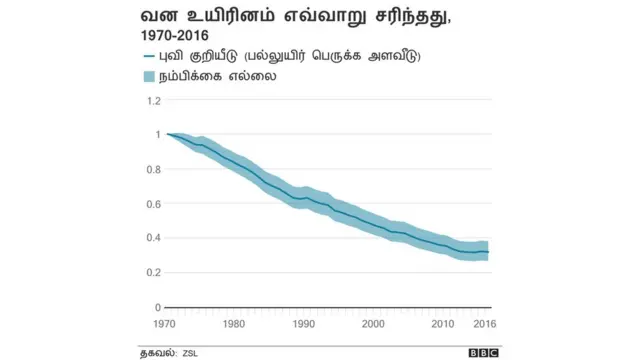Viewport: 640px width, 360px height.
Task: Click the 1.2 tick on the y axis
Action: [153, 100]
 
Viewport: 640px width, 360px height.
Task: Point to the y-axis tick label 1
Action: [157, 134]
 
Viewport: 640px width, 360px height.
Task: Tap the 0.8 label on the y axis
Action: [153, 169]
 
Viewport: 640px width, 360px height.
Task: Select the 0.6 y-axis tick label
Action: [153, 204]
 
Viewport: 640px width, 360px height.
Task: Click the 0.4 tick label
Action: [153, 238]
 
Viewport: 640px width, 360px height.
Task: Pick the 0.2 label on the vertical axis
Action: [153, 272]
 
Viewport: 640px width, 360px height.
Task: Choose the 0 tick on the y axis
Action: [157, 307]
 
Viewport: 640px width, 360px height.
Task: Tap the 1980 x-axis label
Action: [234, 324]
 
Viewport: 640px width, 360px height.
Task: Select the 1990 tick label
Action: [304, 324]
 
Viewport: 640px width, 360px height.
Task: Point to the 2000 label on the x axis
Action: [373, 324]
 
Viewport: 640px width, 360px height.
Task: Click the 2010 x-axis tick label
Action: [443, 324]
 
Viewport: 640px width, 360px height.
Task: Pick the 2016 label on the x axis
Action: [485, 324]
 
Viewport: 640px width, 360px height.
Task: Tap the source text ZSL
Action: [190, 352]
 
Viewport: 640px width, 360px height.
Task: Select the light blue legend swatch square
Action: [150, 76]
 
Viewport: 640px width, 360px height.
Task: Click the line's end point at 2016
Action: [488, 252]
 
